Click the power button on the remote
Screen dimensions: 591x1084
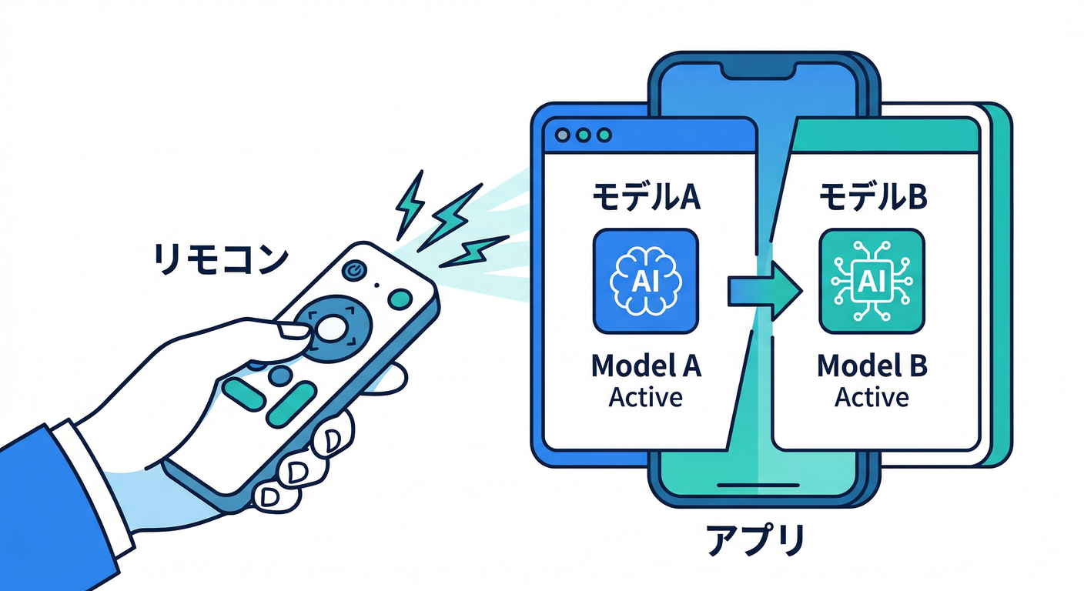(354, 271)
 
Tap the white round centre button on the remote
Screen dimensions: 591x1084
(331, 329)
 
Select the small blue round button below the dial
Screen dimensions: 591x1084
(281, 376)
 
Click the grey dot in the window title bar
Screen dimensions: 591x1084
(563, 135)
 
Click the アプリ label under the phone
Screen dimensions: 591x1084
(755, 543)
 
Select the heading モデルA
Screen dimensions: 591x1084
(646, 198)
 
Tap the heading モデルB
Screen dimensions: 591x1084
(872, 198)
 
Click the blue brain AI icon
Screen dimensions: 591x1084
(646, 282)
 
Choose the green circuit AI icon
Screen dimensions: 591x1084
(872, 282)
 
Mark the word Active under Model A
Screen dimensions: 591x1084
(646, 398)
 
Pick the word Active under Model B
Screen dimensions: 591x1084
(872, 398)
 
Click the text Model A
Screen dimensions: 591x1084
(646, 367)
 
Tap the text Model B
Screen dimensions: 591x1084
(872, 367)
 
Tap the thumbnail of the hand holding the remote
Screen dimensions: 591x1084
(294, 332)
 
